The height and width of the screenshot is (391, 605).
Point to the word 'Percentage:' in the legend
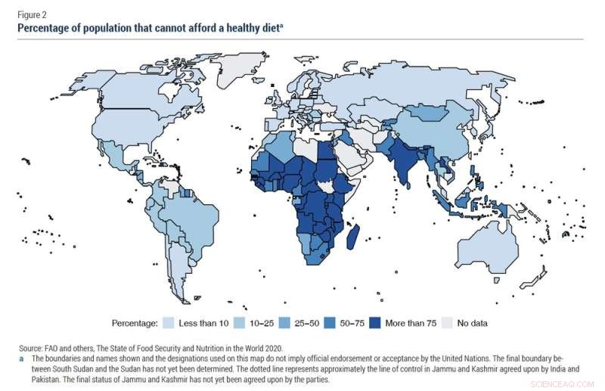coord(134,323)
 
